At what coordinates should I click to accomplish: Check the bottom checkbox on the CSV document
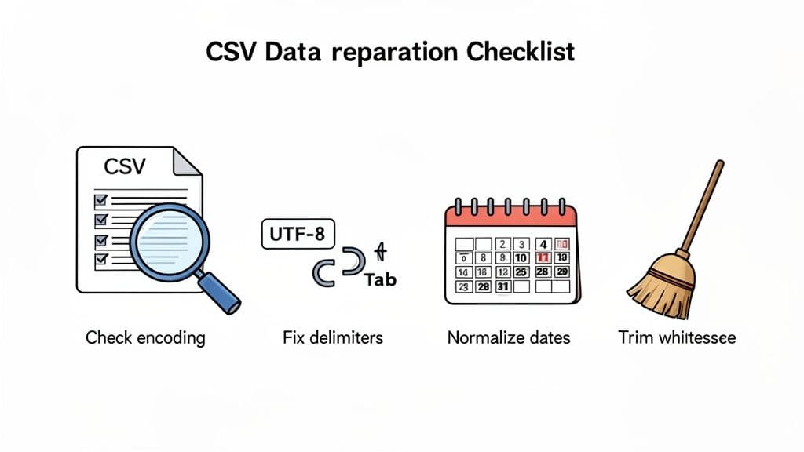(x=100, y=259)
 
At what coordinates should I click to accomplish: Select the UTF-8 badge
(x=297, y=233)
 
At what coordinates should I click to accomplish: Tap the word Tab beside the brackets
(x=380, y=279)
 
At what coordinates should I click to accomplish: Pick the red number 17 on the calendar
(x=542, y=257)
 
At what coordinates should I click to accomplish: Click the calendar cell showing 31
(x=502, y=287)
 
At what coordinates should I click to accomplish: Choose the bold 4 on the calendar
(x=542, y=243)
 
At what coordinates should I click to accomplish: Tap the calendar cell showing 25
(x=521, y=272)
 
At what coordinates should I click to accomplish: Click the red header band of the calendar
(x=511, y=217)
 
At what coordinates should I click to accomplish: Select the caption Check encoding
(x=145, y=338)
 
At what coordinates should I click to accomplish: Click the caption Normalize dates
(x=508, y=338)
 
